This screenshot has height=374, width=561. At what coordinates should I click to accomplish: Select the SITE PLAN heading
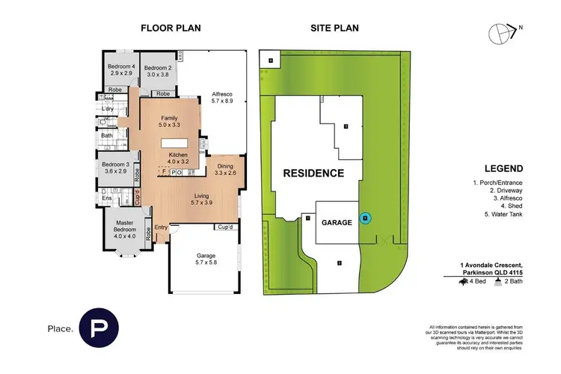coord(334,29)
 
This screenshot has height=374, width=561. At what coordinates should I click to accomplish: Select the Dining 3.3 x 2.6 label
coord(225,170)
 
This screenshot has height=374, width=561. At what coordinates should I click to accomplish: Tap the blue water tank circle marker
coord(365,218)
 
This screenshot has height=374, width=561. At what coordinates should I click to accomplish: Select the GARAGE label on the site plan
coord(337,222)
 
